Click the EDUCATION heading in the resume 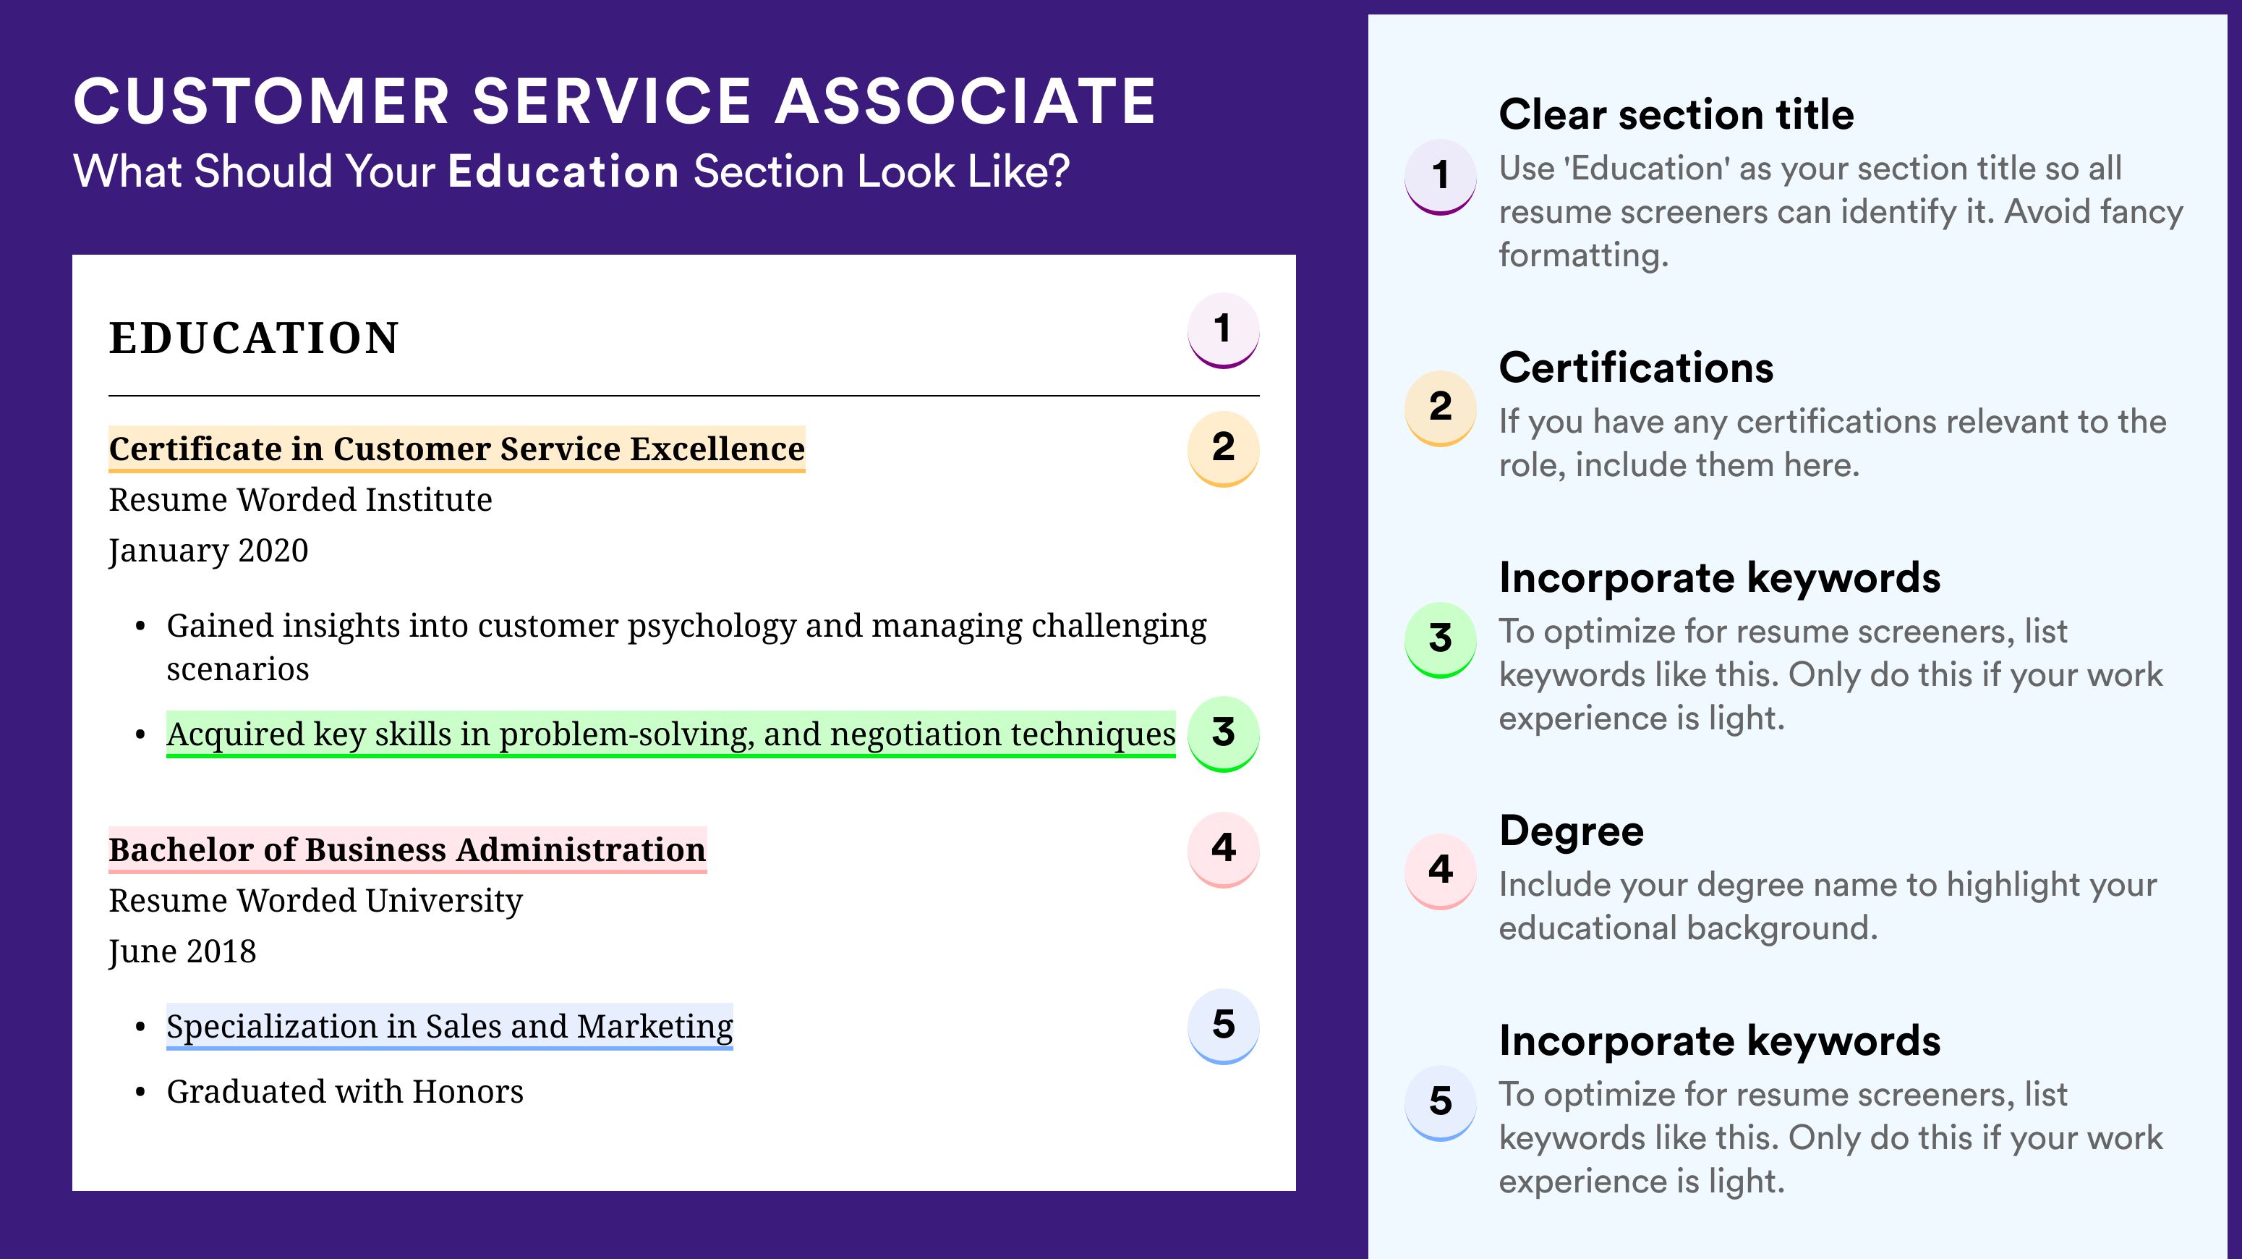pyautogui.click(x=253, y=338)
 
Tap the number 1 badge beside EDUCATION pyautogui.click(x=1223, y=330)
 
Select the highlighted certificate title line pyautogui.click(x=457, y=449)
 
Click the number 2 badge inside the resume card pyautogui.click(x=1223, y=449)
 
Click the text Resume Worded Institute pyautogui.click(x=300, y=500)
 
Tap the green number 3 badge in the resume pyautogui.click(x=1223, y=734)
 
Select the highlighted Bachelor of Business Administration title pyautogui.click(x=407, y=849)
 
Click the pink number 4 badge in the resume pyautogui.click(x=1223, y=849)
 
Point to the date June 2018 pyautogui.click(x=183, y=951)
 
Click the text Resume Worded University pyautogui.click(x=316, y=900)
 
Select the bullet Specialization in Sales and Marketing pyautogui.click(x=449, y=1027)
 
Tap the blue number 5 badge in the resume pyautogui.click(x=1223, y=1027)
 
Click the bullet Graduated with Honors pyautogui.click(x=345, y=1092)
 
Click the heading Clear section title pyautogui.click(x=1676, y=114)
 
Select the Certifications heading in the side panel pyautogui.click(x=1636, y=368)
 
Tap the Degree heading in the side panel pyautogui.click(x=1572, y=831)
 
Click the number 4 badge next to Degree pyautogui.click(x=1441, y=870)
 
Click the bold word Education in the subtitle pyautogui.click(x=563, y=171)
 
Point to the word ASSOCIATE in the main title pyautogui.click(x=966, y=101)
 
